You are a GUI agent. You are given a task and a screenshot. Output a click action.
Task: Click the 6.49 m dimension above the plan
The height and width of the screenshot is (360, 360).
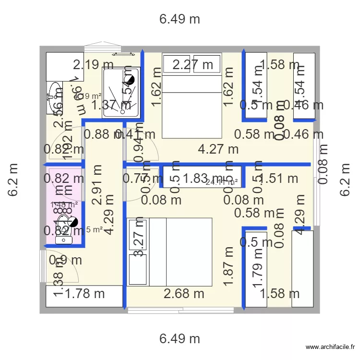[180, 19]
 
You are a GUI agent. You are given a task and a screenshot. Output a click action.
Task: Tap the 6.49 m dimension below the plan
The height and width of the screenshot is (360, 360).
[180, 338]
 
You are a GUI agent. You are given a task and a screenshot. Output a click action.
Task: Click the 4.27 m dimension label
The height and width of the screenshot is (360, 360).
[218, 149]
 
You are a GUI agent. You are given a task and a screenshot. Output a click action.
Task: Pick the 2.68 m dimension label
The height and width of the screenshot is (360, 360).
[184, 293]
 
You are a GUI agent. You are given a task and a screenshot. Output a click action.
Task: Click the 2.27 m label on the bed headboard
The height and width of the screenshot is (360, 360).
[192, 64]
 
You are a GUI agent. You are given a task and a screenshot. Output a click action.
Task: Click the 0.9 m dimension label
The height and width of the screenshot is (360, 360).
[65, 260]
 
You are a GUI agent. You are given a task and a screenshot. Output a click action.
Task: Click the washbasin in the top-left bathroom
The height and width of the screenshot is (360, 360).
[54, 94]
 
